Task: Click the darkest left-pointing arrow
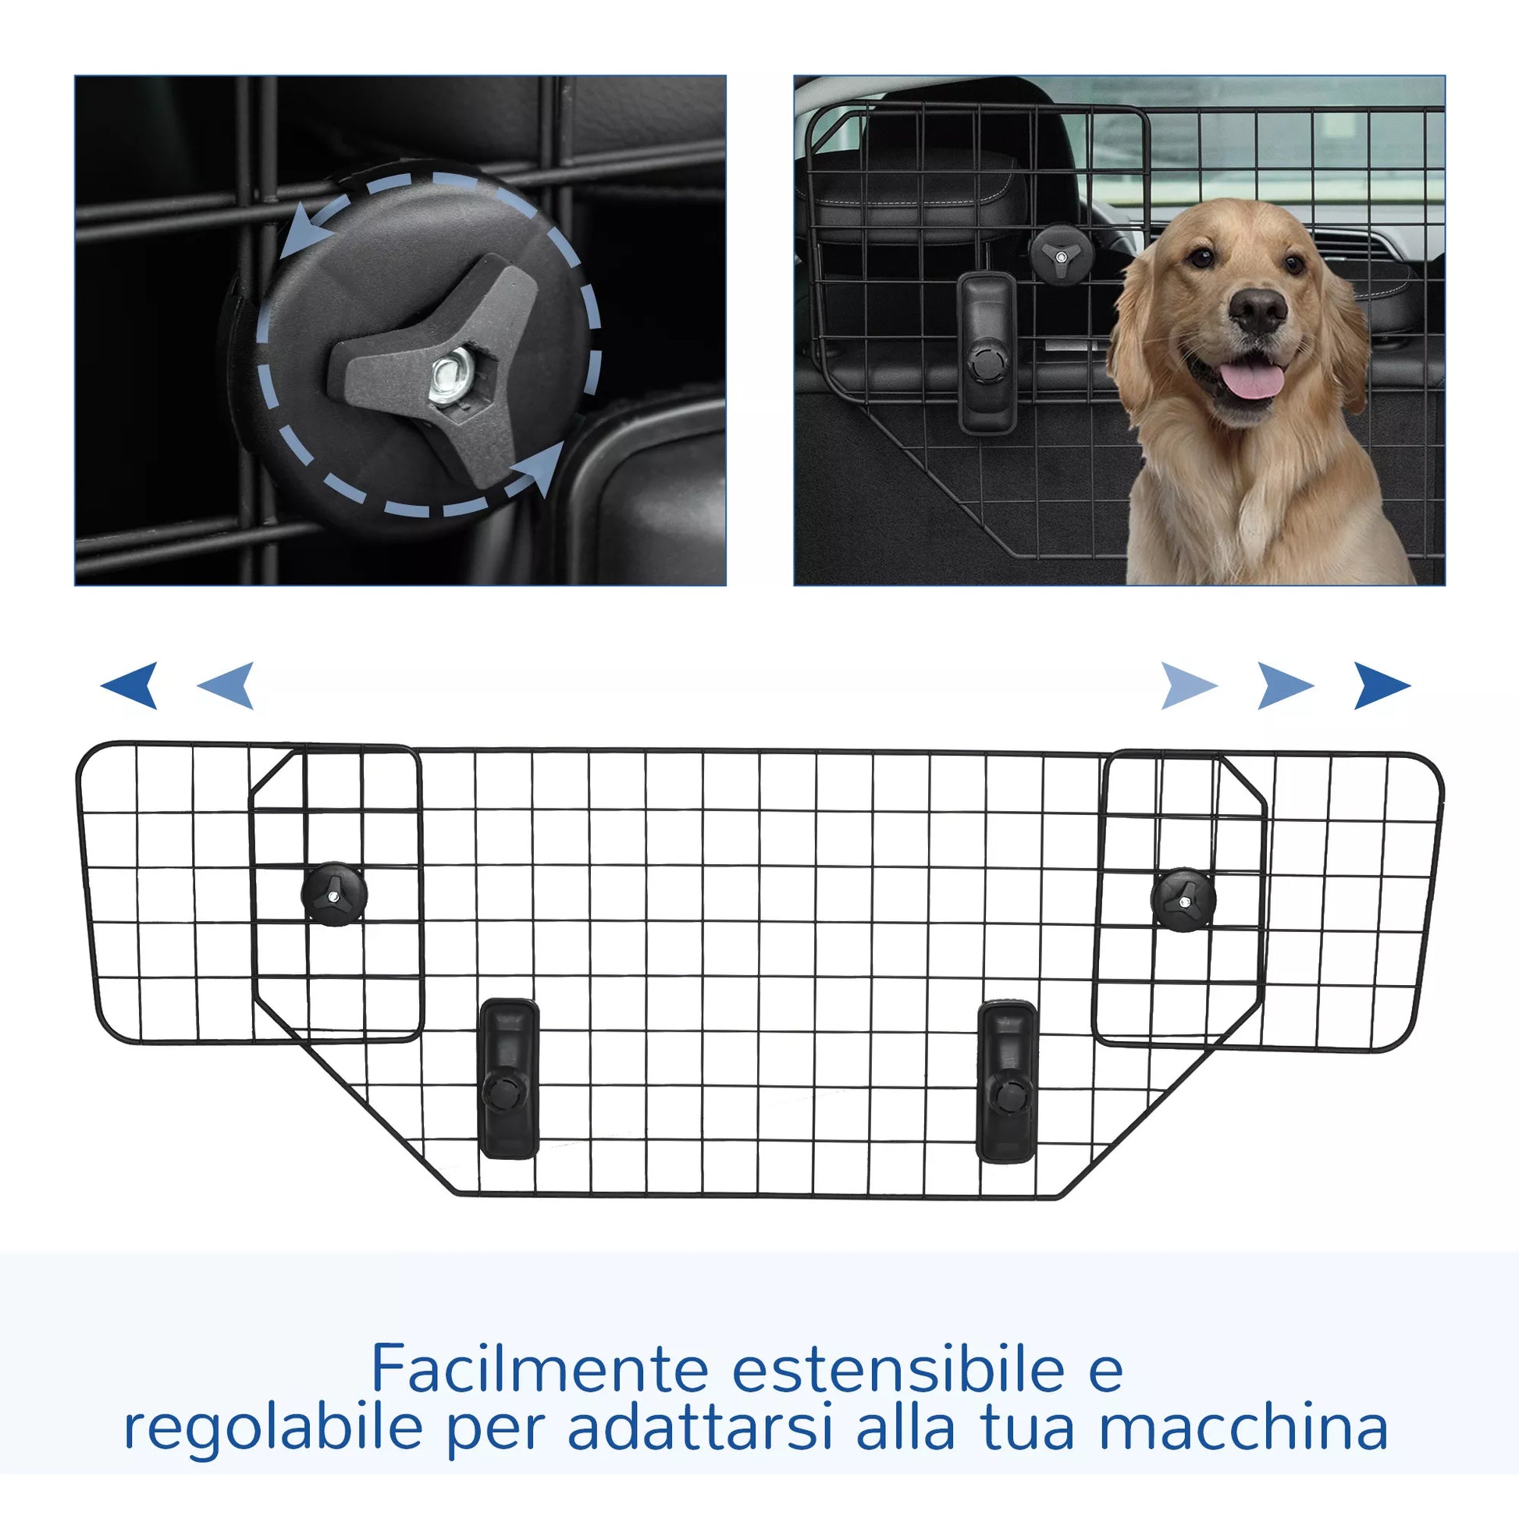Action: [x=130, y=685]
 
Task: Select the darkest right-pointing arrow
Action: [x=1381, y=685]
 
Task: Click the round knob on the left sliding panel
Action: [x=334, y=893]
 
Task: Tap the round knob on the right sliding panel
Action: [x=1183, y=899]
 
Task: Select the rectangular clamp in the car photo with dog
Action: [x=986, y=352]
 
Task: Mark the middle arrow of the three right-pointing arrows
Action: [x=1285, y=685]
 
